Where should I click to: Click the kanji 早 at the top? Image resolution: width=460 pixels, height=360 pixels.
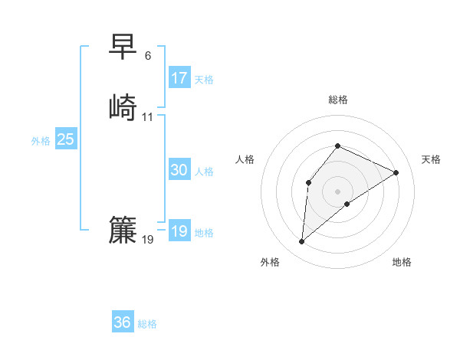pyautogui.click(x=123, y=47)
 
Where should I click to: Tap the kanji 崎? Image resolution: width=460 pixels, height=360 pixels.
pyautogui.click(x=123, y=106)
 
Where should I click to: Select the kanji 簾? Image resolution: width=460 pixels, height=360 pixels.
pyautogui.click(x=123, y=230)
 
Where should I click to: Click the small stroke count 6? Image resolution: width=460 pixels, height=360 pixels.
pyautogui.click(x=148, y=56)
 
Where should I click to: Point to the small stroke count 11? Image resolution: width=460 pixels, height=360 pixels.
pyautogui.click(x=148, y=117)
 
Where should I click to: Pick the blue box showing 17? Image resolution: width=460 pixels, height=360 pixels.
pyautogui.click(x=179, y=78)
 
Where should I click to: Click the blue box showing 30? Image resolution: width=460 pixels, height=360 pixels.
pyautogui.click(x=179, y=170)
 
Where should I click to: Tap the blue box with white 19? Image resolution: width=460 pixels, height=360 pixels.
pyautogui.click(x=179, y=231)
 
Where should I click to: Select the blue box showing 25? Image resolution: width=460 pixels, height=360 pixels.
pyautogui.click(x=66, y=139)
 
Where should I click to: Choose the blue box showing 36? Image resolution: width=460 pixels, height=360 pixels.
pyautogui.click(x=123, y=322)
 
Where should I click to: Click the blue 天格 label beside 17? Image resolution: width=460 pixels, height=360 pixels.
pyautogui.click(x=204, y=80)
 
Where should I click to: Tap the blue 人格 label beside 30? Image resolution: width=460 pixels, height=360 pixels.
pyautogui.click(x=204, y=172)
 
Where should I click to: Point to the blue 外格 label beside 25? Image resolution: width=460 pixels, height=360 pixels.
pyautogui.click(x=41, y=141)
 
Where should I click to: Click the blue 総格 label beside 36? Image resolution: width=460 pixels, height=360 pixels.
pyautogui.click(x=147, y=324)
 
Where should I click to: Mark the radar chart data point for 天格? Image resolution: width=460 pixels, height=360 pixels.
pyautogui.click(x=396, y=172)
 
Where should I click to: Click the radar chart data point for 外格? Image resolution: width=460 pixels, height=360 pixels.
pyautogui.click(x=302, y=242)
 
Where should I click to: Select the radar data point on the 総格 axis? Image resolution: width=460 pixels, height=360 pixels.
pyautogui.click(x=337, y=146)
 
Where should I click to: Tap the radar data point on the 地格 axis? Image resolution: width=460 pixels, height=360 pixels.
pyautogui.click(x=347, y=204)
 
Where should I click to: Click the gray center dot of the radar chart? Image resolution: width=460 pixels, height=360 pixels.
pyautogui.click(x=337, y=191)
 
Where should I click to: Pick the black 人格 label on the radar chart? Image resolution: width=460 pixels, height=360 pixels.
pyautogui.click(x=245, y=159)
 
